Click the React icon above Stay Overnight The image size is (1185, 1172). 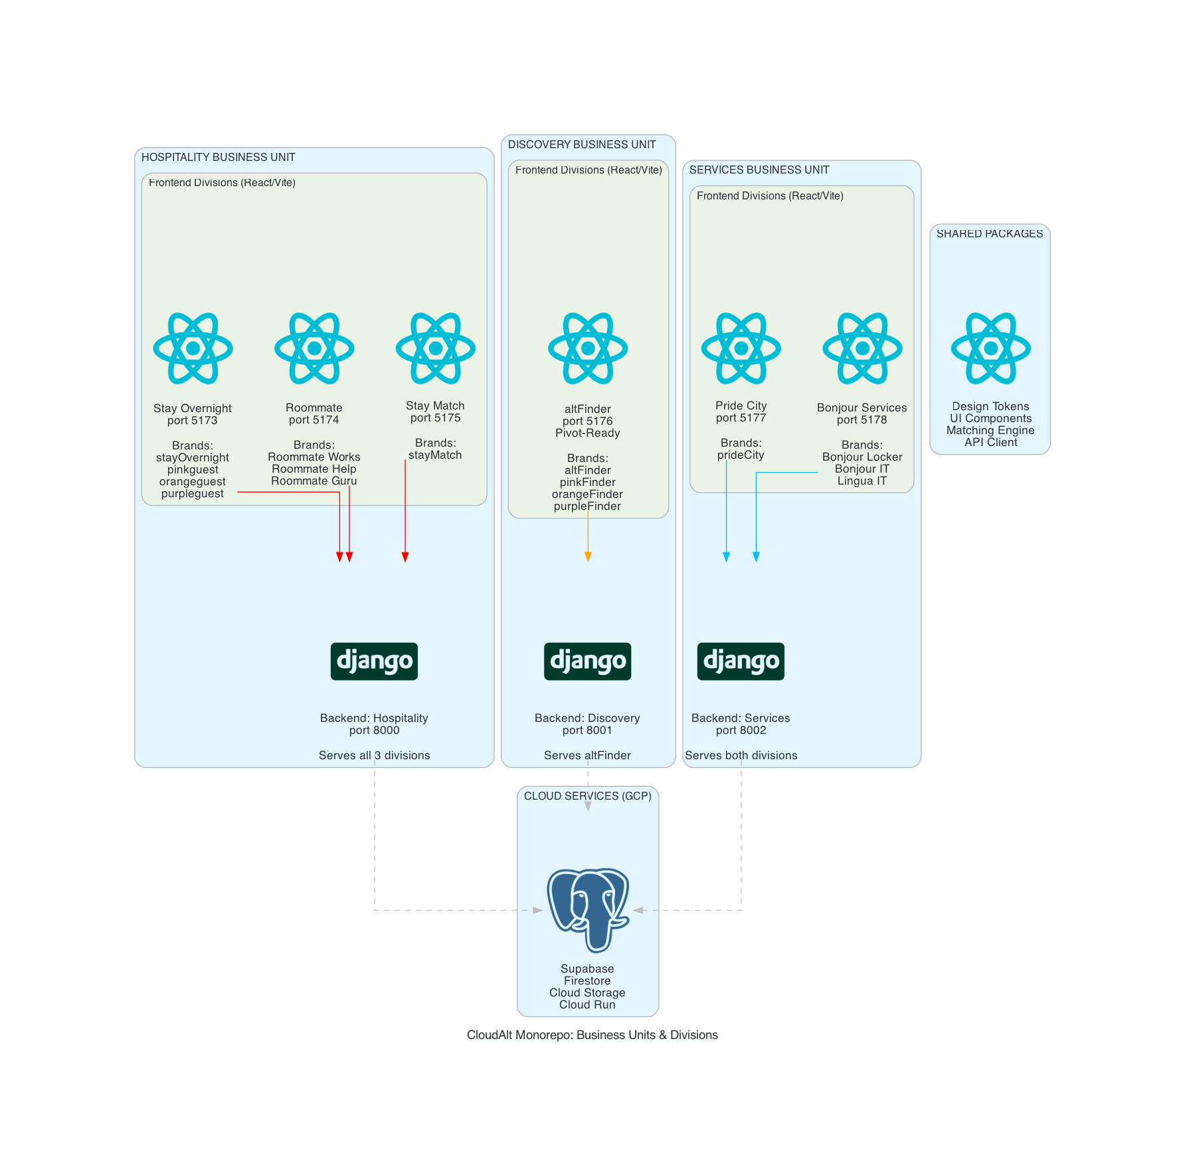(x=193, y=348)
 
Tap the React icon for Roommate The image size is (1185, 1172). (x=314, y=348)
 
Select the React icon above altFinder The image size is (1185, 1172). (x=588, y=348)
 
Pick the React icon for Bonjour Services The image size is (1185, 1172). (x=862, y=348)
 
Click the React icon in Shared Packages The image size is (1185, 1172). (x=990, y=348)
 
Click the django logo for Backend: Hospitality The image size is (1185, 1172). (x=374, y=661)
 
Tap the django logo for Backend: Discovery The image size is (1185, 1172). (x=588, y=661)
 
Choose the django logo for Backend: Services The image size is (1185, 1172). (x=741, y=661)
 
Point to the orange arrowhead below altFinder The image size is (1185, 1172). (x=588, y=557)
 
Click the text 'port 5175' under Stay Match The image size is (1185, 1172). (x=435, y=418)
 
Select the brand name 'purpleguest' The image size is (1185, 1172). (x=193, y=494)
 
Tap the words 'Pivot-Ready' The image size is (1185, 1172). (x=588, y=433)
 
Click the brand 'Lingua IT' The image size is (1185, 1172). (x=862, y=481)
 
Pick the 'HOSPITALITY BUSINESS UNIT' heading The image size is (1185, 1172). (x=218, y=158)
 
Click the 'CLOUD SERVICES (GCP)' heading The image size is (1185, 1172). (x=588, y=796)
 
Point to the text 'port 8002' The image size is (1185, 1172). (x=741, y=731)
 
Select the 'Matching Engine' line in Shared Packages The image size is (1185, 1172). (x=990, y=431)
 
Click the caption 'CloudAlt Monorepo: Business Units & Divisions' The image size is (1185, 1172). (x=592, y=1035)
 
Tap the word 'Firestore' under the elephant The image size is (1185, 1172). (x=587, y=981)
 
